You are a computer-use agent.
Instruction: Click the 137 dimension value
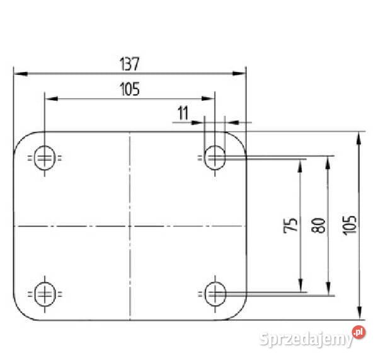[x=129, y=64]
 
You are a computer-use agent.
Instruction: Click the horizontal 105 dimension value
[x=130, y=89]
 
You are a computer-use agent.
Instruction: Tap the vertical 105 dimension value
[x=350, y=225]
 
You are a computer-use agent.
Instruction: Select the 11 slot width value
[x=183, y=113]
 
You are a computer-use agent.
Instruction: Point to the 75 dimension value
[x=290, y=225]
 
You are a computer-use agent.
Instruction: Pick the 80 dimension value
[x=318, y=225]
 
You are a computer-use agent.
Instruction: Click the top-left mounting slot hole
[x=45, y=158]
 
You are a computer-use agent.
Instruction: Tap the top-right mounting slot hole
[x=215, y=158]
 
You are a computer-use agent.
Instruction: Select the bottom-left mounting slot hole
[x=45, y=294]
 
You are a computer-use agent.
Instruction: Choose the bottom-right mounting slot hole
[x=215, y=294]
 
